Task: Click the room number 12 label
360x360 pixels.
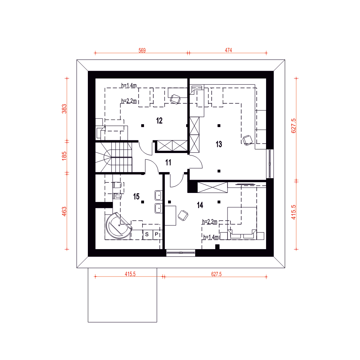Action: coord(159,121)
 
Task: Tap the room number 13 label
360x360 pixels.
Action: coord(219,144)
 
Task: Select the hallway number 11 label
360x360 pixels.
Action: coord(168,163)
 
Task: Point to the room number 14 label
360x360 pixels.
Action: coord(200,205)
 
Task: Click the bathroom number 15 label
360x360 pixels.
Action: coord(136,197)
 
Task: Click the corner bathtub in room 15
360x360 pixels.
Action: coord(118,225)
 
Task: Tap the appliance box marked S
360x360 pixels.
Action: coord(147,235)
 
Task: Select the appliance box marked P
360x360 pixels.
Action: coord(157,235)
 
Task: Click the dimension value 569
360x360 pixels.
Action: coord(142,50)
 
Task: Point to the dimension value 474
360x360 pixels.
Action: coord(229,50)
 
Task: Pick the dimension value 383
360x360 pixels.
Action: coord(64,109)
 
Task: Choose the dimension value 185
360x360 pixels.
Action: coord(64,156)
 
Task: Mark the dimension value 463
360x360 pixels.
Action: coord(64,211)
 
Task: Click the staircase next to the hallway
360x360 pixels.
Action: coord(114,157)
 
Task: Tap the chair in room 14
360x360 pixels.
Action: coord(183,216)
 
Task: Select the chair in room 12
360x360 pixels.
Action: coord(175,99)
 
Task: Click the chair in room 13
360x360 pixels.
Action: coord(248,140)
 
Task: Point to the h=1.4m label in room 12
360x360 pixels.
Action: coord(129,86)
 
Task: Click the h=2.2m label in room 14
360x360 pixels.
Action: coord(210,222)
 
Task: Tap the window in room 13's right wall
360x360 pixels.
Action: coord(270,164)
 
